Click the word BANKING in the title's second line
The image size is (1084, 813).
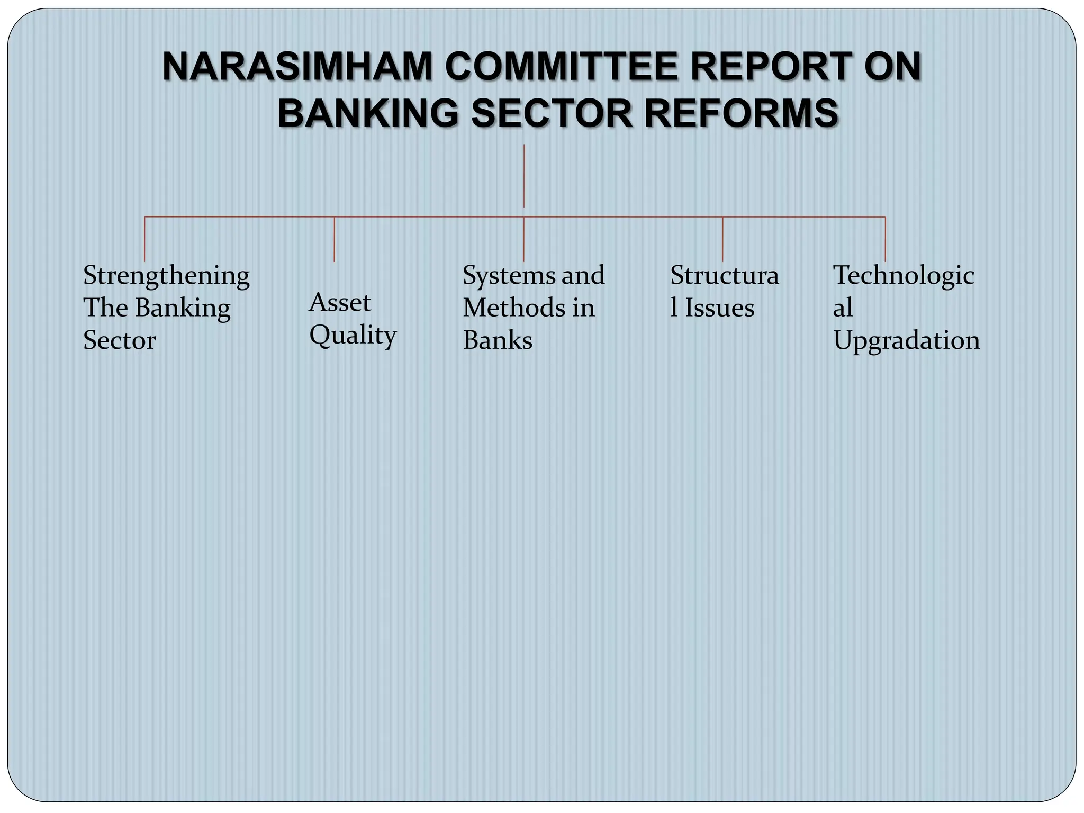point(368,114)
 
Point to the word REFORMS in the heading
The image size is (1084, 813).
point(741,114)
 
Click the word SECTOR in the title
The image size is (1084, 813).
point(552,114)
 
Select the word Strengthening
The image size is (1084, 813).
point(166,276)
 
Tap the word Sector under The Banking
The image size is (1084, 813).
point(120,340)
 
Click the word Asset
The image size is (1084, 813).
point(340,303)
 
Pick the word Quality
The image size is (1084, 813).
point(353,336)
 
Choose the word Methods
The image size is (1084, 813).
point(513,308)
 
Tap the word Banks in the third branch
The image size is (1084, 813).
point(498,340)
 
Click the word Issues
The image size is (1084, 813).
point(720,308)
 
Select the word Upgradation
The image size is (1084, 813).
point(907,340)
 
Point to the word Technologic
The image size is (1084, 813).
point(904,276)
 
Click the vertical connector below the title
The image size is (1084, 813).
point(524,176)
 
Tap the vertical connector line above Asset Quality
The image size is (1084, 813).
point(335,239)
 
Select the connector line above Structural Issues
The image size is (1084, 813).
point(722,239)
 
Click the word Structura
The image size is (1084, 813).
point(725,276)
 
